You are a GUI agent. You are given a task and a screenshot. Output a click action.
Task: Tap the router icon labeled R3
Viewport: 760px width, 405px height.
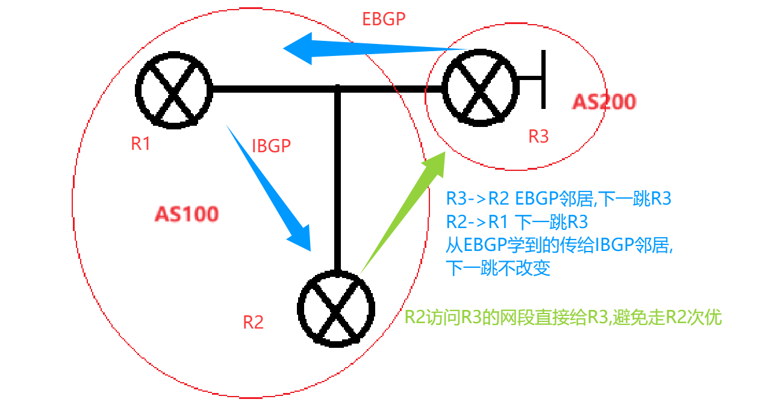(480, 88)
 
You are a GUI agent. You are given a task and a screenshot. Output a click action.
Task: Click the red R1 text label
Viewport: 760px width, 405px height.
(140, 144)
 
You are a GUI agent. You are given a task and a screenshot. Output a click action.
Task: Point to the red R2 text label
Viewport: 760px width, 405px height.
(253, 323)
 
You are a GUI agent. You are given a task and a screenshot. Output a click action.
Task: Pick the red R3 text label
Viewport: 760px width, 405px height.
(538, 137)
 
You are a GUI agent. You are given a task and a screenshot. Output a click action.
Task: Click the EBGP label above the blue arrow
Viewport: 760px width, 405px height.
(384, 19)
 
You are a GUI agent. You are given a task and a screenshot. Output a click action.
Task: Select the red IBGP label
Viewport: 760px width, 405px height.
(271, 146)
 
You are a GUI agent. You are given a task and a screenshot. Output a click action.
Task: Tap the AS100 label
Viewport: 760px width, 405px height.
(187, 214)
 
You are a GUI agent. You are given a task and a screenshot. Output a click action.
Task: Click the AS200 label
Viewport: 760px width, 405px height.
(603, 102)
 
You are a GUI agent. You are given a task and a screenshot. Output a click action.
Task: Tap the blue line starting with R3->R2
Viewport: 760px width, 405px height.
(558, 198)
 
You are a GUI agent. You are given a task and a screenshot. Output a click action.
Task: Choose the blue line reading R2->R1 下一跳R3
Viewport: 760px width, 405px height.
(517, 221)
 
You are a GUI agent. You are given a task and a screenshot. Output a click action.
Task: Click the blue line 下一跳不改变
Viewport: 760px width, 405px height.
(498, 268)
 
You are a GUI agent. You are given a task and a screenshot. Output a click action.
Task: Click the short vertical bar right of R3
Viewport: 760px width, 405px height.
(544, 79)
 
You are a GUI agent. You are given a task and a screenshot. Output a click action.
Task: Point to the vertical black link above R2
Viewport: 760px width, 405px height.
(338, 181)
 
